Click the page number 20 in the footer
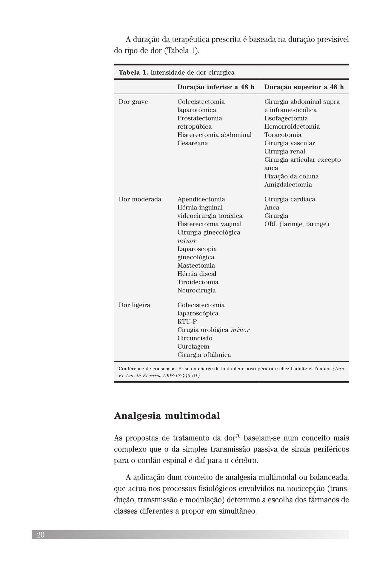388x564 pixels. pos(40,535)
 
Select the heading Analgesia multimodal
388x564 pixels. pos(167,416)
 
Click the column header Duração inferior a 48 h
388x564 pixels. pos(216,87)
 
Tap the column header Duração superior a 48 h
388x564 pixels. pos(304,87)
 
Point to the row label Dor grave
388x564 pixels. pos(133,102)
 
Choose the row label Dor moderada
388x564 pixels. pos(140,199)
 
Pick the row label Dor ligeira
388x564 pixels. pos(134,305)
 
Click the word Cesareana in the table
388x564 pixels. pos(193,143)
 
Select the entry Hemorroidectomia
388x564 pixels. pos(292,127)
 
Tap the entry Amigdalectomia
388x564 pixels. pos(288,185)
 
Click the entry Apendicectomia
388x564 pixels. pos(201,199)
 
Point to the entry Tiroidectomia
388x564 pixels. pos(198,282)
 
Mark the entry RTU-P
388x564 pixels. pos(187,322)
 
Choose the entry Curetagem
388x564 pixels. pos(193,346)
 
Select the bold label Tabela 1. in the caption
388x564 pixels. pos(133,73)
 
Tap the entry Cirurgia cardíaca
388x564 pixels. pos(290,199)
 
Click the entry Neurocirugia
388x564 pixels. pos(196,291)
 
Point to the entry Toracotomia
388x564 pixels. pos(283,135)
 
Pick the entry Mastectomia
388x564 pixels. pos(196,266)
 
